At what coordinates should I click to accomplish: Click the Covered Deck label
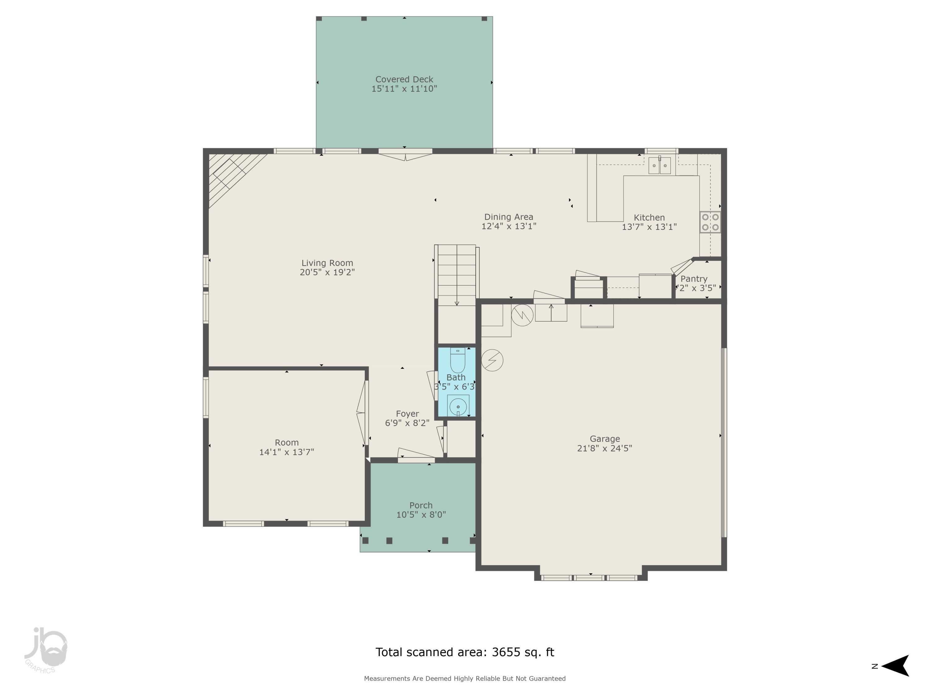pyautogui.click(x=404, y=79)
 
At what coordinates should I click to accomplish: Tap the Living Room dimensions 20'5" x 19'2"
pyautogui.click(x=327, y=272)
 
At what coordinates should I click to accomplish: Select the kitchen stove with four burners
pyautogui.click(x=710, y=222)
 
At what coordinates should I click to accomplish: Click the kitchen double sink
pyautogui.click(x=659, y=165)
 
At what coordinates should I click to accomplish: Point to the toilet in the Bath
pyautogui.click(x=458, y=360)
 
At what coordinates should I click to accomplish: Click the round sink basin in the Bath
pyautogui.click(x=458, y=406)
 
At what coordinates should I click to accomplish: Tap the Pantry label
pyautogui.click(x=694, y=279)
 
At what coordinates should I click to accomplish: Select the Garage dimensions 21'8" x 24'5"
pyautogui.click(x=604, y=448)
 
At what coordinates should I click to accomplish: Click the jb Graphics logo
pyautogui.click(x=45, y=650)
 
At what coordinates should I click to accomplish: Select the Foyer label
pyautogui.click(x=407, y=414)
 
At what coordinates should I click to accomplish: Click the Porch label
pyautogui.click(x=421, y=505)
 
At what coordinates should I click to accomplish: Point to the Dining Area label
pyautogui.click(x=508, y=217)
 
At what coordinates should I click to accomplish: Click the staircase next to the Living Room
pyautogui.click(x=457, y=275)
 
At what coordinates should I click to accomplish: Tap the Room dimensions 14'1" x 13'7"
pyautogui.click(x=286, y=452)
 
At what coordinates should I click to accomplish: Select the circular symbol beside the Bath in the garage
pyautogui.click(x=492, y=360)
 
